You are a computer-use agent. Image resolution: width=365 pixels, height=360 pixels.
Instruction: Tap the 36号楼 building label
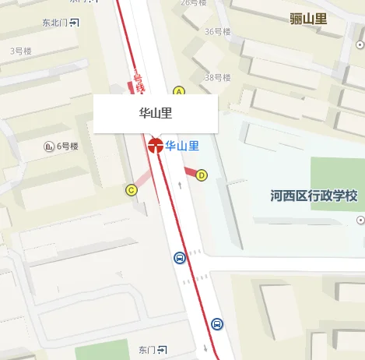(217, 32)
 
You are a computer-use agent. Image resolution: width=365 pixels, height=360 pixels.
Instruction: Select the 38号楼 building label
(217, 78)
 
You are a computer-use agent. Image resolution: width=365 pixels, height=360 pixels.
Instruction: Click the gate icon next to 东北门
(74, 23)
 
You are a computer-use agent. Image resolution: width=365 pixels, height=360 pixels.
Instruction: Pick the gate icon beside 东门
(162, 348)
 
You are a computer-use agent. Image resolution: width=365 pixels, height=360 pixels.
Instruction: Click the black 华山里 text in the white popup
(155, 113)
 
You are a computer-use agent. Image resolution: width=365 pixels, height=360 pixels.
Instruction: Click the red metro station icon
(156, 145)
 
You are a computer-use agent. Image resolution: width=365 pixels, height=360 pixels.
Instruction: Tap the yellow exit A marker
(178, 92)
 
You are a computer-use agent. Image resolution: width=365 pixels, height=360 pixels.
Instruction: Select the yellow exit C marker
(131, 189)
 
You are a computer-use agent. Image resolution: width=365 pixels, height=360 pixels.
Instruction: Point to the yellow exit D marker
(202, 175)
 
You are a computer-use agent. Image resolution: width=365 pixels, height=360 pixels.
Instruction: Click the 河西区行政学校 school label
(314, 195)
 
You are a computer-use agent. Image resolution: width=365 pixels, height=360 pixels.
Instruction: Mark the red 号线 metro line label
(138, 82)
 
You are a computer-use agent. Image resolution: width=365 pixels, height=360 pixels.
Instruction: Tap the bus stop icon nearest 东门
(216, 323)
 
